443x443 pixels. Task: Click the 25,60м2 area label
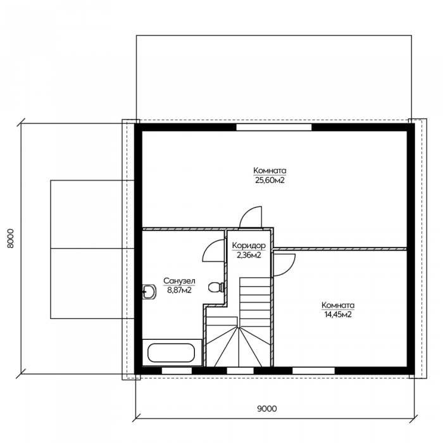pos(270,180)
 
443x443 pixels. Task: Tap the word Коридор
pos(249,246)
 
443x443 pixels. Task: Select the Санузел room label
pos(179,281)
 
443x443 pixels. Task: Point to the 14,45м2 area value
pos(338,315)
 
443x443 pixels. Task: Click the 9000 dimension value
pos(267,409)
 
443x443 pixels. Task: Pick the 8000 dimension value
pos(10,239)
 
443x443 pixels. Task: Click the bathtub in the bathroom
pos(172,353)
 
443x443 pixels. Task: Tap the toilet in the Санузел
pos(216,287)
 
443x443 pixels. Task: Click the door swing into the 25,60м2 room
pos(251,216)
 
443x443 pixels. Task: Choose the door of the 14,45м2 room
pos(284,265)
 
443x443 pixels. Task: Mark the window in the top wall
pos(274,127)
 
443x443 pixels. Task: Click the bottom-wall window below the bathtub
pos(177,371)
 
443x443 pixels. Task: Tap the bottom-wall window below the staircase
pos(240,371)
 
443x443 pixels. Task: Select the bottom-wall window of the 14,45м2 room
pos(313,371)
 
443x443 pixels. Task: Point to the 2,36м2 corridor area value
pos(249,256)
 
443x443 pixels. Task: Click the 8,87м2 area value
pos(179,290)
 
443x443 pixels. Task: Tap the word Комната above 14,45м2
pos(338,305)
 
